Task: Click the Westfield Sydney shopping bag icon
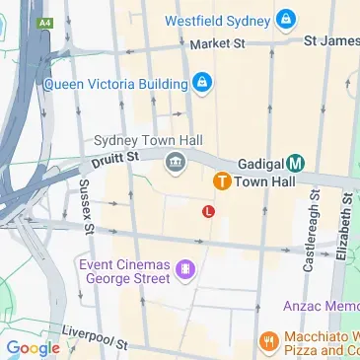tap(285, 18)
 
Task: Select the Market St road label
tap(217, 43)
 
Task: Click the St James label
tap(330, 40)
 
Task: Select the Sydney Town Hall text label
tap(141, 142)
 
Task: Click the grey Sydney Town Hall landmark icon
tap(177, 162)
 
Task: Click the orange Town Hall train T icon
tap(222, 181)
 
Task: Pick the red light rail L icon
tap(207, 210)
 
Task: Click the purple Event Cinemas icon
tap(183, 269)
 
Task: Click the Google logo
tap(33, 347)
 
